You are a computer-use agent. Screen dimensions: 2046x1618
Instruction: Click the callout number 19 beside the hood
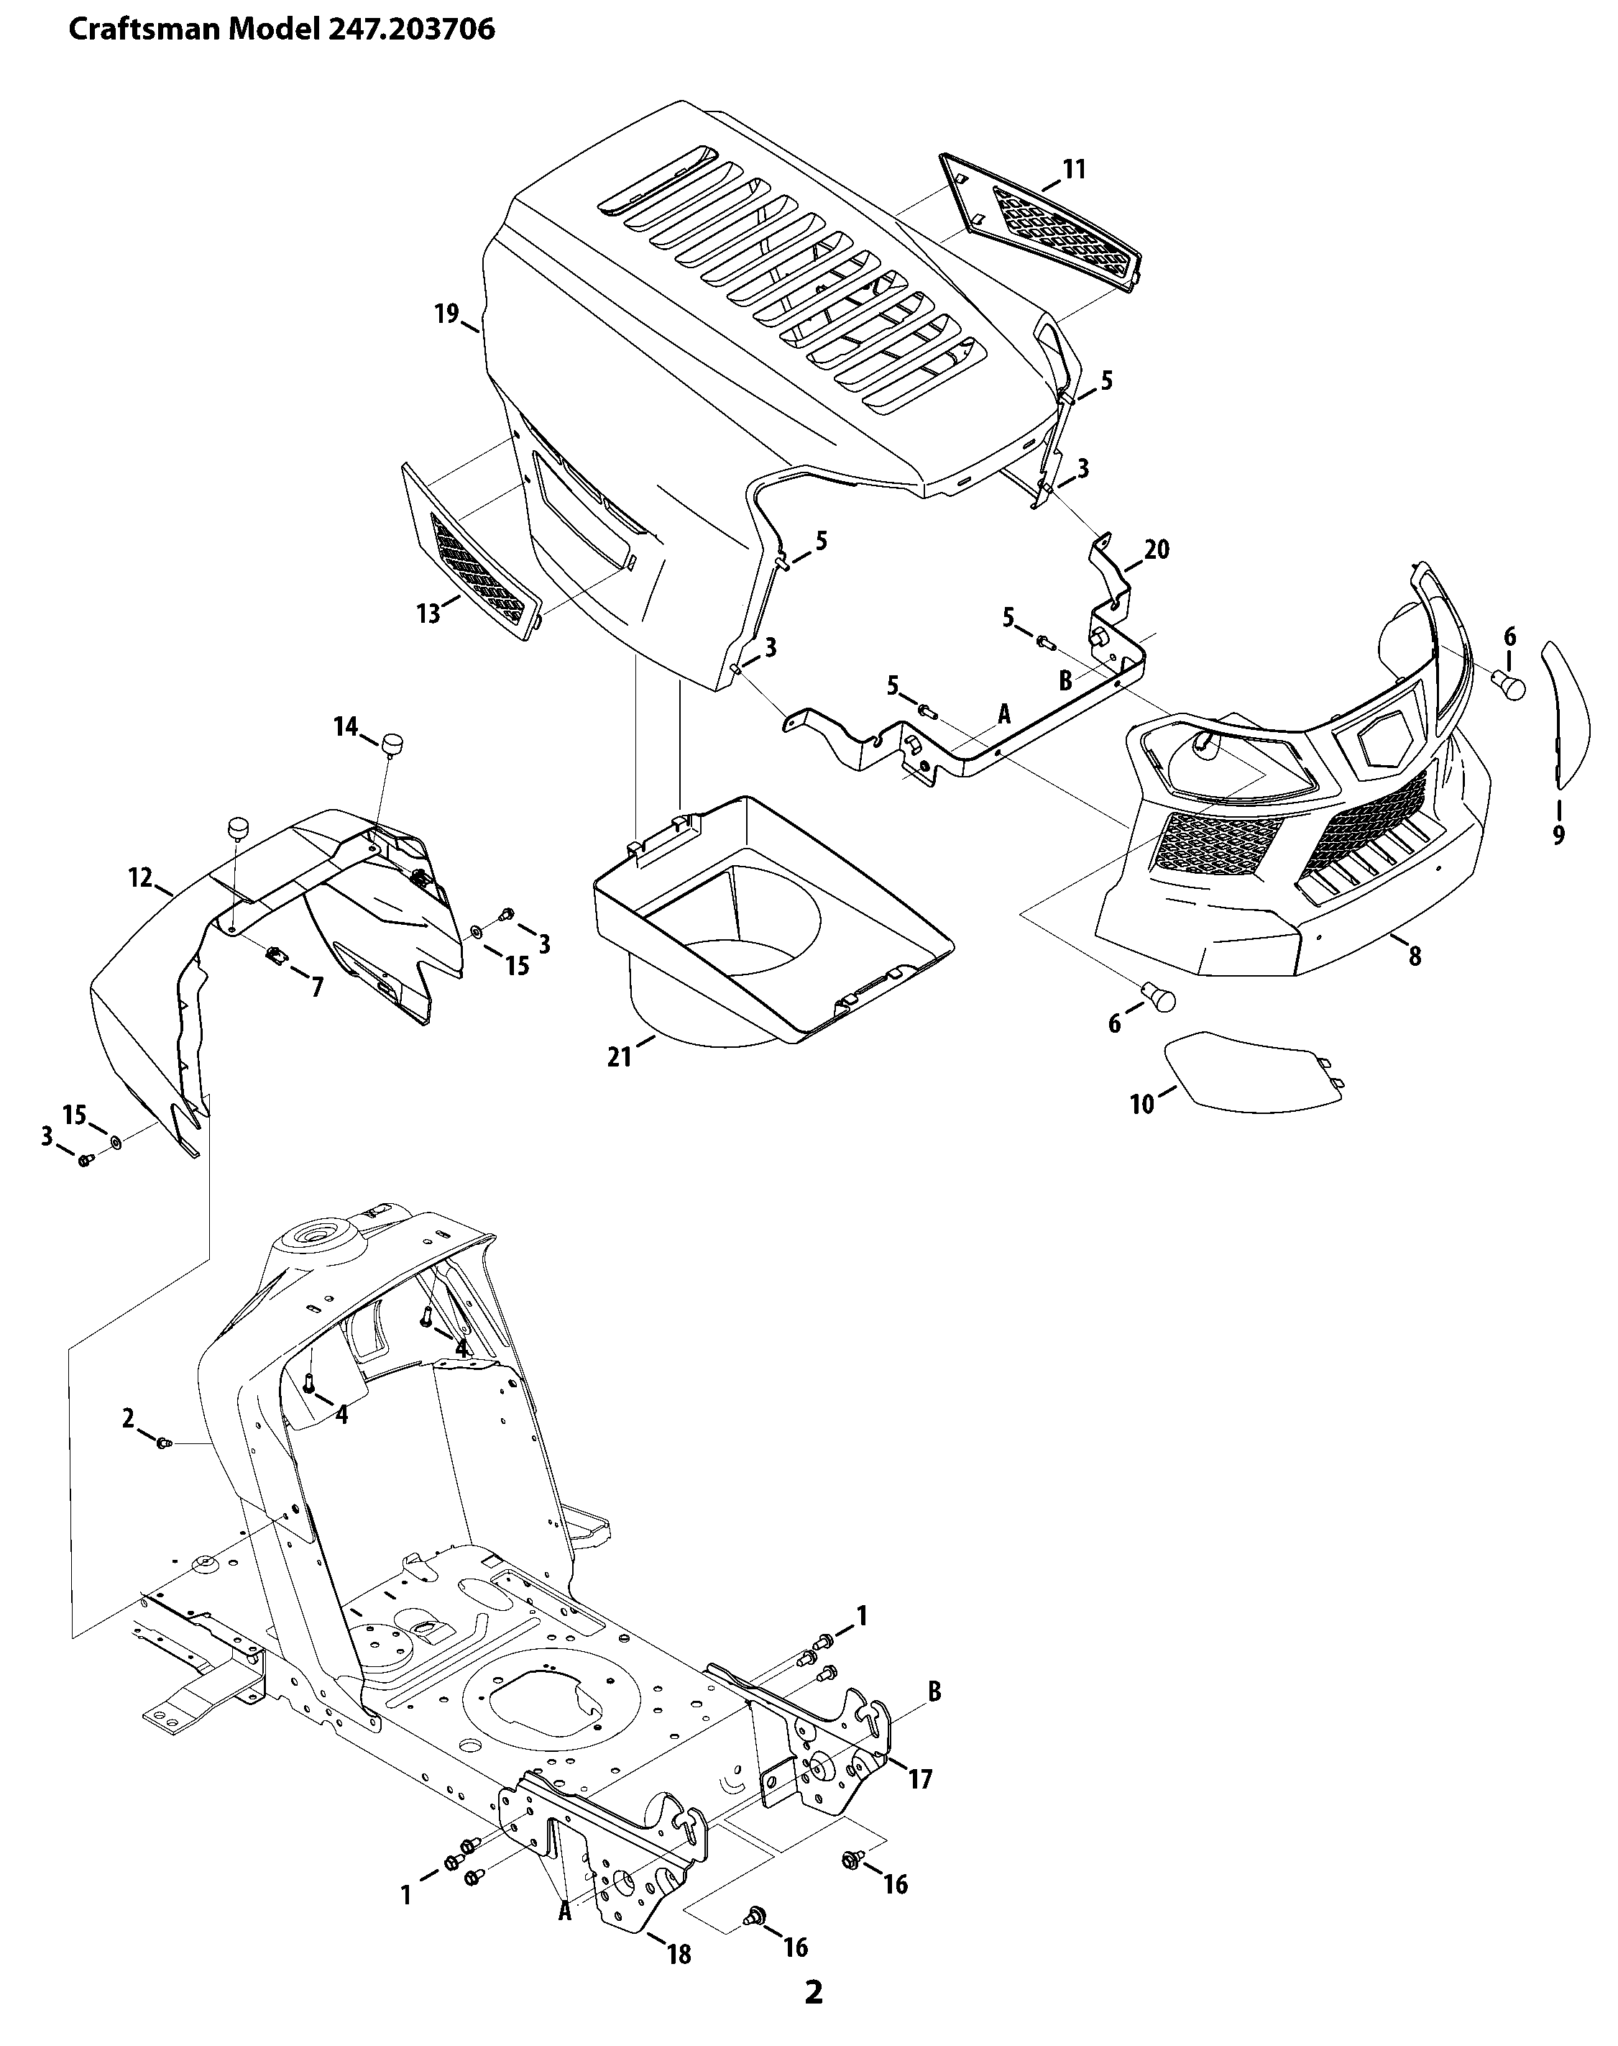pyautogui.click(x=446, y=314)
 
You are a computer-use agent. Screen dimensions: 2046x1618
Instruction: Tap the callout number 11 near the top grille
pyautogui.click(x=1073, y=170)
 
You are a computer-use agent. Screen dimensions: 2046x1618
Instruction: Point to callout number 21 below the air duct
pyautogui.click(x=620, y=1056)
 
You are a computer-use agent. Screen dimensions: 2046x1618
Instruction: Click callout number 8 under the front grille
pyautogui.click(x=1415, y=956)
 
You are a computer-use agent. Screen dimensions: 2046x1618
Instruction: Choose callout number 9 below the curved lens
pyautogui.click(x=1558, y=834)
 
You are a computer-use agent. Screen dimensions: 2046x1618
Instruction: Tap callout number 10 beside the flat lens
pyautogui.click(x=1142, y=1103)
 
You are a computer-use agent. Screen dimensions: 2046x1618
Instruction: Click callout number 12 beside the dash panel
pyautogui.click(x=140, y=879)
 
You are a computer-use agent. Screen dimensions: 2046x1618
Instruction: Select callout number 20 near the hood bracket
pyautogui.click(x=1157, y=549)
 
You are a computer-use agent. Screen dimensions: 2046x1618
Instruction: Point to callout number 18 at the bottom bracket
pyautogui.click(x=679, y=1953)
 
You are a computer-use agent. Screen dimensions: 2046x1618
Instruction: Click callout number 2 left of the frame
pyautogui.click(x=129, y=1419)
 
